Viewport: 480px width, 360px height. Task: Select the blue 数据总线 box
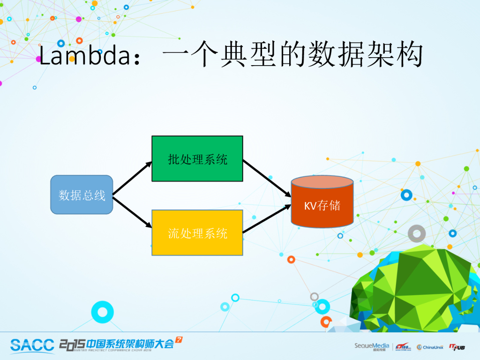[82, 195]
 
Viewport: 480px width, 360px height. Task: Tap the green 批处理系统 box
[197, 158]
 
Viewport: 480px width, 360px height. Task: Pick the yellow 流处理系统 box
[197, 232]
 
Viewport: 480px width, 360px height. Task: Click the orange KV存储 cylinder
[322, 206]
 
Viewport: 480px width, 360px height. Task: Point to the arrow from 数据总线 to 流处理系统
[133, 212]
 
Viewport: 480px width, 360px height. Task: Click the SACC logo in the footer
[32, 345]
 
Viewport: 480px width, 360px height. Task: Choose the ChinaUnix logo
[430, 347]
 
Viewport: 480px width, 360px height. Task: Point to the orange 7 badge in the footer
[179, 339]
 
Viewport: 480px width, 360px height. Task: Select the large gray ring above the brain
[416, 233]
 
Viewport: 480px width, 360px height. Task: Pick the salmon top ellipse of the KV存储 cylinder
[322, 182]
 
